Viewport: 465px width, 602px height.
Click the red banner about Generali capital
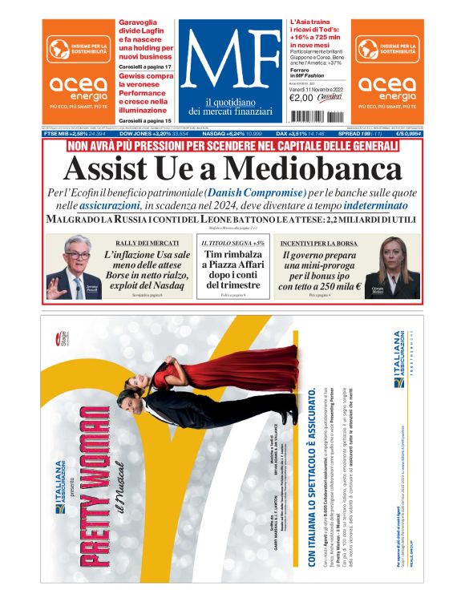(232, 147)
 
